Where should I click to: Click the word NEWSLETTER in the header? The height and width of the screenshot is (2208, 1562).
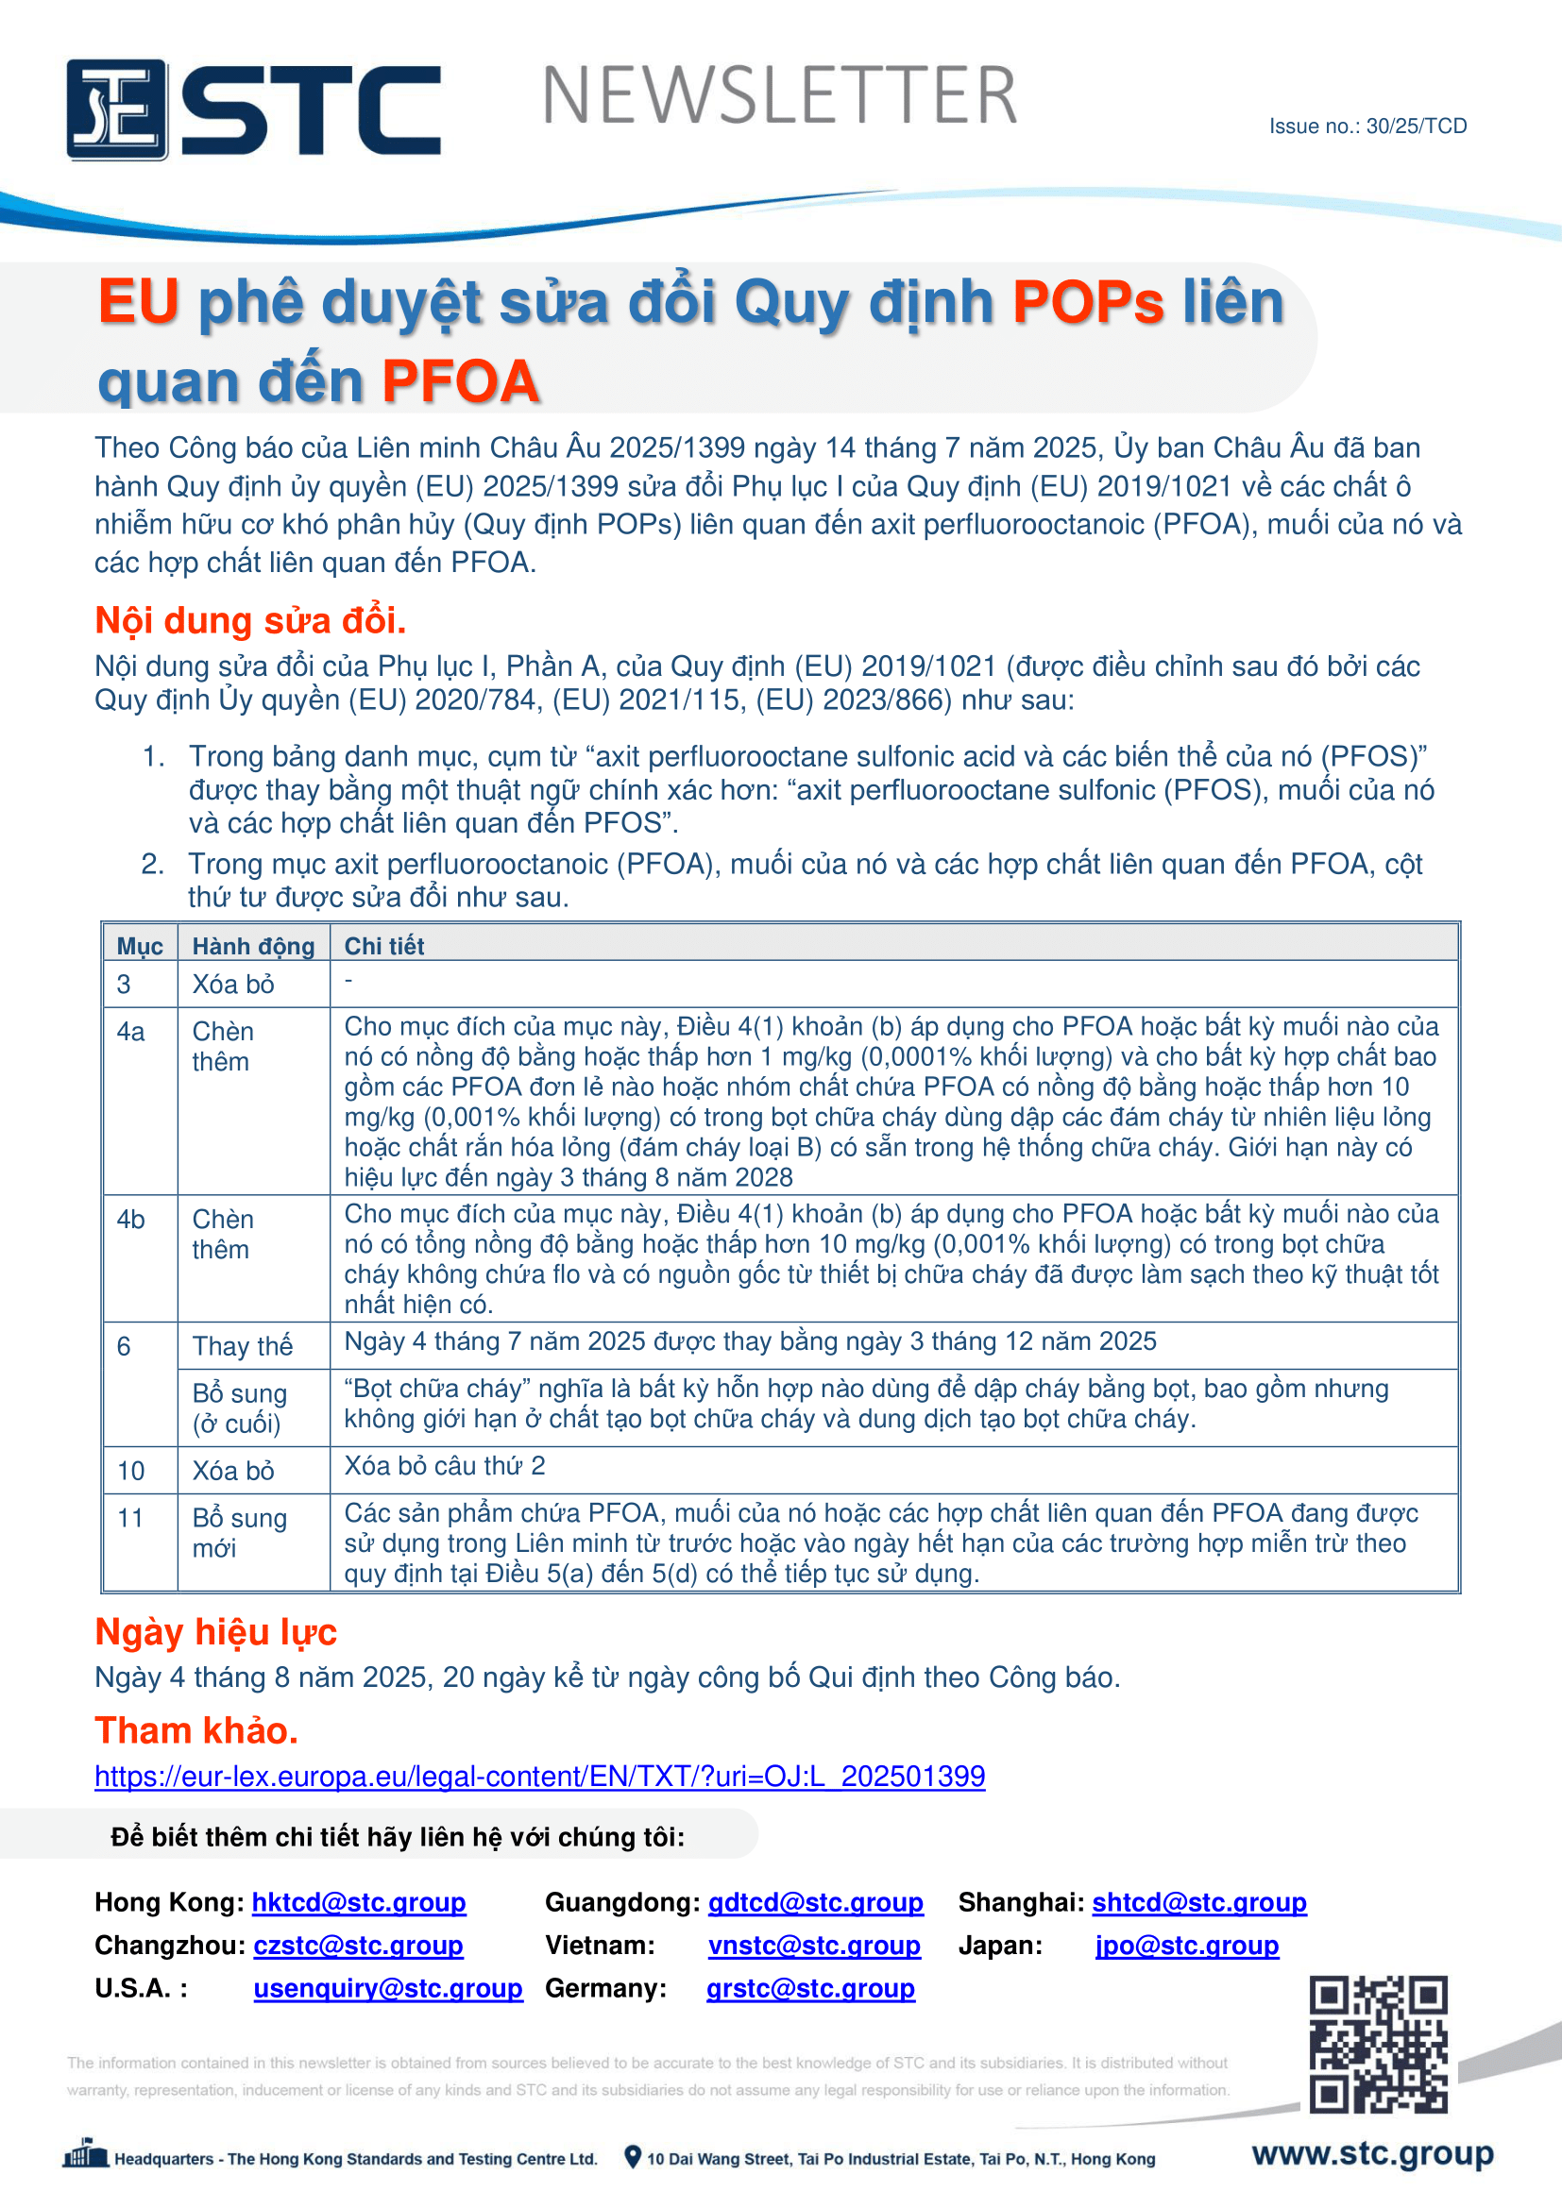click(x=779, y=96)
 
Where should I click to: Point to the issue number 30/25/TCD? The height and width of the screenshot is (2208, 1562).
click(x=1367, y=126)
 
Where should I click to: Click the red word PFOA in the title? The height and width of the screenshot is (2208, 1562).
click(x=460, y=381)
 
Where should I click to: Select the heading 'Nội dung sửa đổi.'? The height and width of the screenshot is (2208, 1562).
click(x=250, y=620)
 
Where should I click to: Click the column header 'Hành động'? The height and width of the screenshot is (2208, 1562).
click(x=253, y=945)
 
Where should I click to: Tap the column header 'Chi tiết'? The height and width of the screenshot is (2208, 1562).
click(x=383, y=945)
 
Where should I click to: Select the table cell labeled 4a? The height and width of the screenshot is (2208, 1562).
click(x=131, y=1032)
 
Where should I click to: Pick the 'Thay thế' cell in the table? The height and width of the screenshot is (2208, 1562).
click(x=243, y=1345)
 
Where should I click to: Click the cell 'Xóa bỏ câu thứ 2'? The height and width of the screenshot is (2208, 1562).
click(x=445, y=1466)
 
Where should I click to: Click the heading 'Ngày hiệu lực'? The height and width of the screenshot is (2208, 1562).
click(x=215, y=1632)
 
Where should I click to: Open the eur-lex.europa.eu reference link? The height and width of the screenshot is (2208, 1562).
click(x=539, y=1776)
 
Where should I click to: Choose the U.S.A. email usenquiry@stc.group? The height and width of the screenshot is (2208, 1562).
click(x=387, y=1988)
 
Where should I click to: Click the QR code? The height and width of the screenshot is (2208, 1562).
click(x=1377, y=2044)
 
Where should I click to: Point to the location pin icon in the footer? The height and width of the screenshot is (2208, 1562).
click(x=632, y=2157)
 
